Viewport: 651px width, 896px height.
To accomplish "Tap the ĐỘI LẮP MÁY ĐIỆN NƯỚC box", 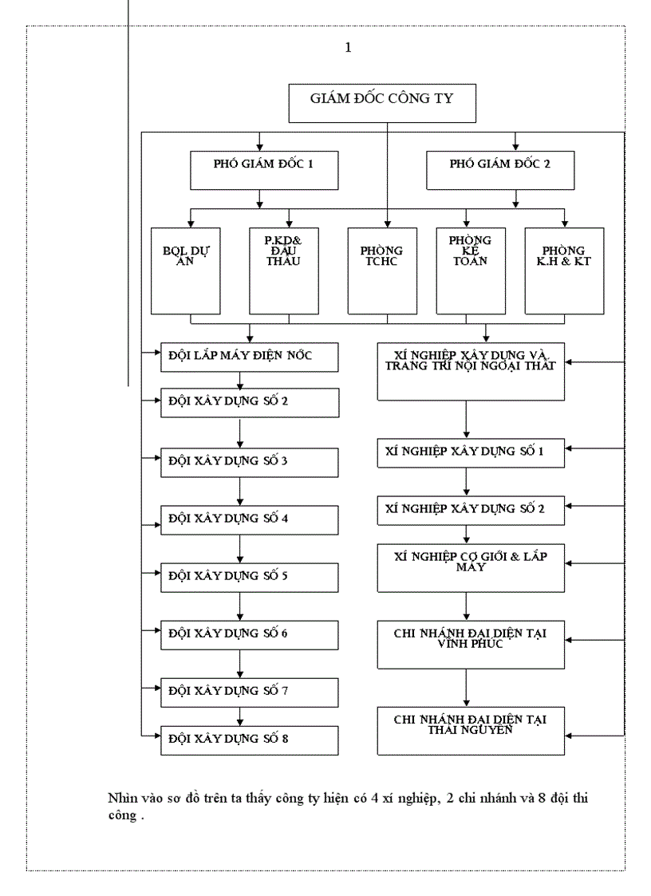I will click(x=250, y=357).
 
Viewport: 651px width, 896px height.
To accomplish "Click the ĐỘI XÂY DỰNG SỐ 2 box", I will click(x=250, y=401).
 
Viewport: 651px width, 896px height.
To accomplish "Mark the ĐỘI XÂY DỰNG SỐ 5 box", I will click(x=250, y=577).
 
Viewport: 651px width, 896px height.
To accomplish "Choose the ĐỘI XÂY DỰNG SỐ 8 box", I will click(x=250, y=739).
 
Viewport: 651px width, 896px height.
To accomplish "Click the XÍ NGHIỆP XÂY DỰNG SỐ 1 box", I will click(x=470, y=452).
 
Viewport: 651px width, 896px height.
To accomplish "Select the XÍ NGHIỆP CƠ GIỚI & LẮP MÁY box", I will click(x=470, y=567).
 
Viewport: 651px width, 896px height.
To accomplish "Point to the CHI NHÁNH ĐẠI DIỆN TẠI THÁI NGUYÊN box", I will click(x=470, y=729).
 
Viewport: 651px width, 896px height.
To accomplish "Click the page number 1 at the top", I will click(x=347, y=48).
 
